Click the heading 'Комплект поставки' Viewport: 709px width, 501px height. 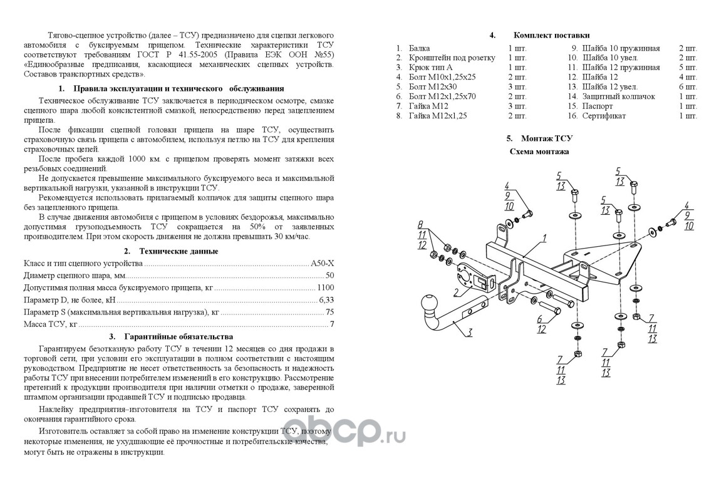(x=551, y=35)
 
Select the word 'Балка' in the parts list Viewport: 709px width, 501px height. (x=419, y=48)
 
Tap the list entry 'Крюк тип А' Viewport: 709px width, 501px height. (x=430, y=67)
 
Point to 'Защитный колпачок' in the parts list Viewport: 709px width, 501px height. (x=618, y=96)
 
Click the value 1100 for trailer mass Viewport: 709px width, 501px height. (x=326, y=287)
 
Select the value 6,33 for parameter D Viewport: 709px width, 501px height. (x=326, y=300)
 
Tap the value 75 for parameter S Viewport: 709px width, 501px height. (x=330, y=312)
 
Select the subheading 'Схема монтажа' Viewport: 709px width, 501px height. (x=539, y=152)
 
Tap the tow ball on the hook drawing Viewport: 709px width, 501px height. (x=430, y=304)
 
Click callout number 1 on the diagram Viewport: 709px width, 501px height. (x=544, y=238)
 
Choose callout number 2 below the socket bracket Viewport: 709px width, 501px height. (x=457, y=292)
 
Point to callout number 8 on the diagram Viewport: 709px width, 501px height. (x=421, y=224)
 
